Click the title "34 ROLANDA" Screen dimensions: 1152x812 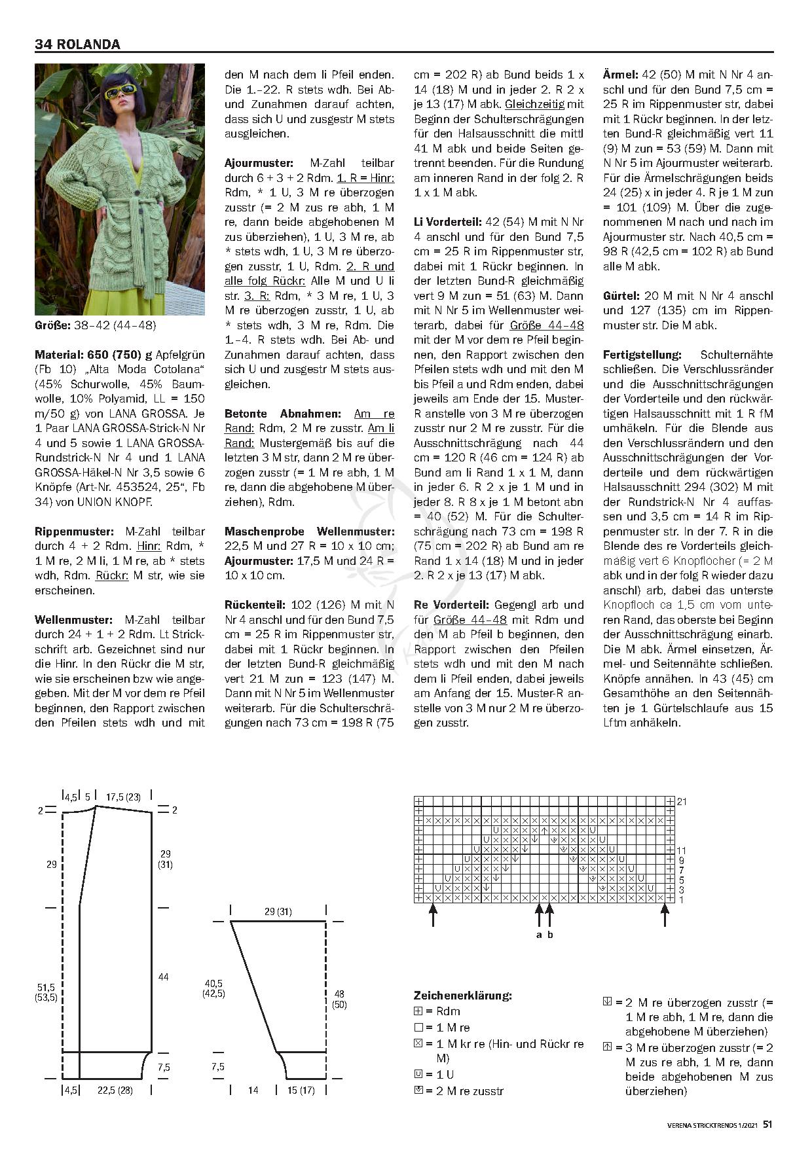pos(77,45)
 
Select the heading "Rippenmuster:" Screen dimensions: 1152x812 pos(74,531)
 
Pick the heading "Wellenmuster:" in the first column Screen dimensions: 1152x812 pos(73,620)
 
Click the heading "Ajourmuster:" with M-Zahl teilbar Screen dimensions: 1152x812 pos(258,163)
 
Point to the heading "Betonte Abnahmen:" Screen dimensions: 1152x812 pos(283,414)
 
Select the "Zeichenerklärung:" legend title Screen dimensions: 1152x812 pos(463,996)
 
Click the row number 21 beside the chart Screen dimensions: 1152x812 pos(682,801)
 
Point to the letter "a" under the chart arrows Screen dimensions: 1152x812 pos(539,935)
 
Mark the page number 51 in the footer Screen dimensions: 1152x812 pos(767,1124)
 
